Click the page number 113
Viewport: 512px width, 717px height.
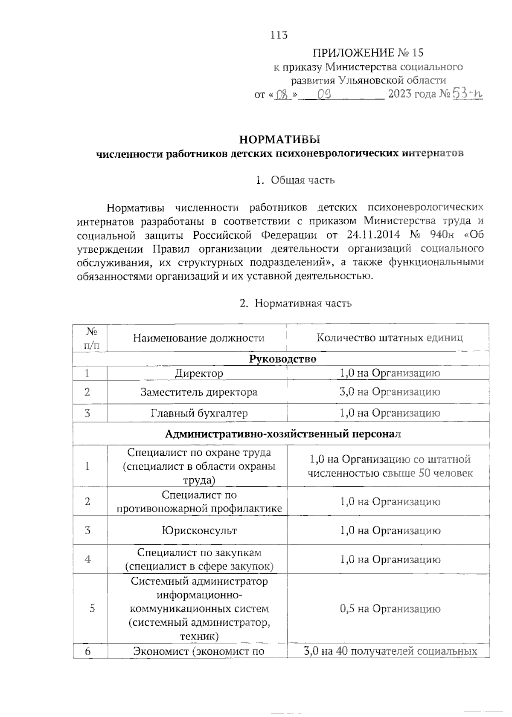click(279, 35)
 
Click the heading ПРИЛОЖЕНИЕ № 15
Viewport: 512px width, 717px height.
click(368, 53)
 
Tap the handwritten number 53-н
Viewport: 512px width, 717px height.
click(467, 94)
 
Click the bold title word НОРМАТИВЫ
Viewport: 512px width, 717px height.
click(279, 139)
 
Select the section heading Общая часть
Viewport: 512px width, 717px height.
click(303, 180)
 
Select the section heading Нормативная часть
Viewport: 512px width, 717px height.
click(303, 303)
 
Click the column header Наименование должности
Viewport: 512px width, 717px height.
click(198, 338)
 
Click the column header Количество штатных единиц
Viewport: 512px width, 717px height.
click(390, 338)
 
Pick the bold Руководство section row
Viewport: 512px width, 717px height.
click(282, 359)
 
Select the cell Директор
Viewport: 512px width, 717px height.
click(198, 373)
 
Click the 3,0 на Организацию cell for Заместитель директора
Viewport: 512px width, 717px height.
click(390, 392)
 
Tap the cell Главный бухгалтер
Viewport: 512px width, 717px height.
click(198, 413)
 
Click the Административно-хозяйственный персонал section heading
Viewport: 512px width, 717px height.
click(282, 434)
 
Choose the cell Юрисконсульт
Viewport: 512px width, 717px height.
click(198, 531)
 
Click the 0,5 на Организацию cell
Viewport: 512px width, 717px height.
click(390, 609)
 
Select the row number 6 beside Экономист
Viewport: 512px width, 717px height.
click(88, 651)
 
